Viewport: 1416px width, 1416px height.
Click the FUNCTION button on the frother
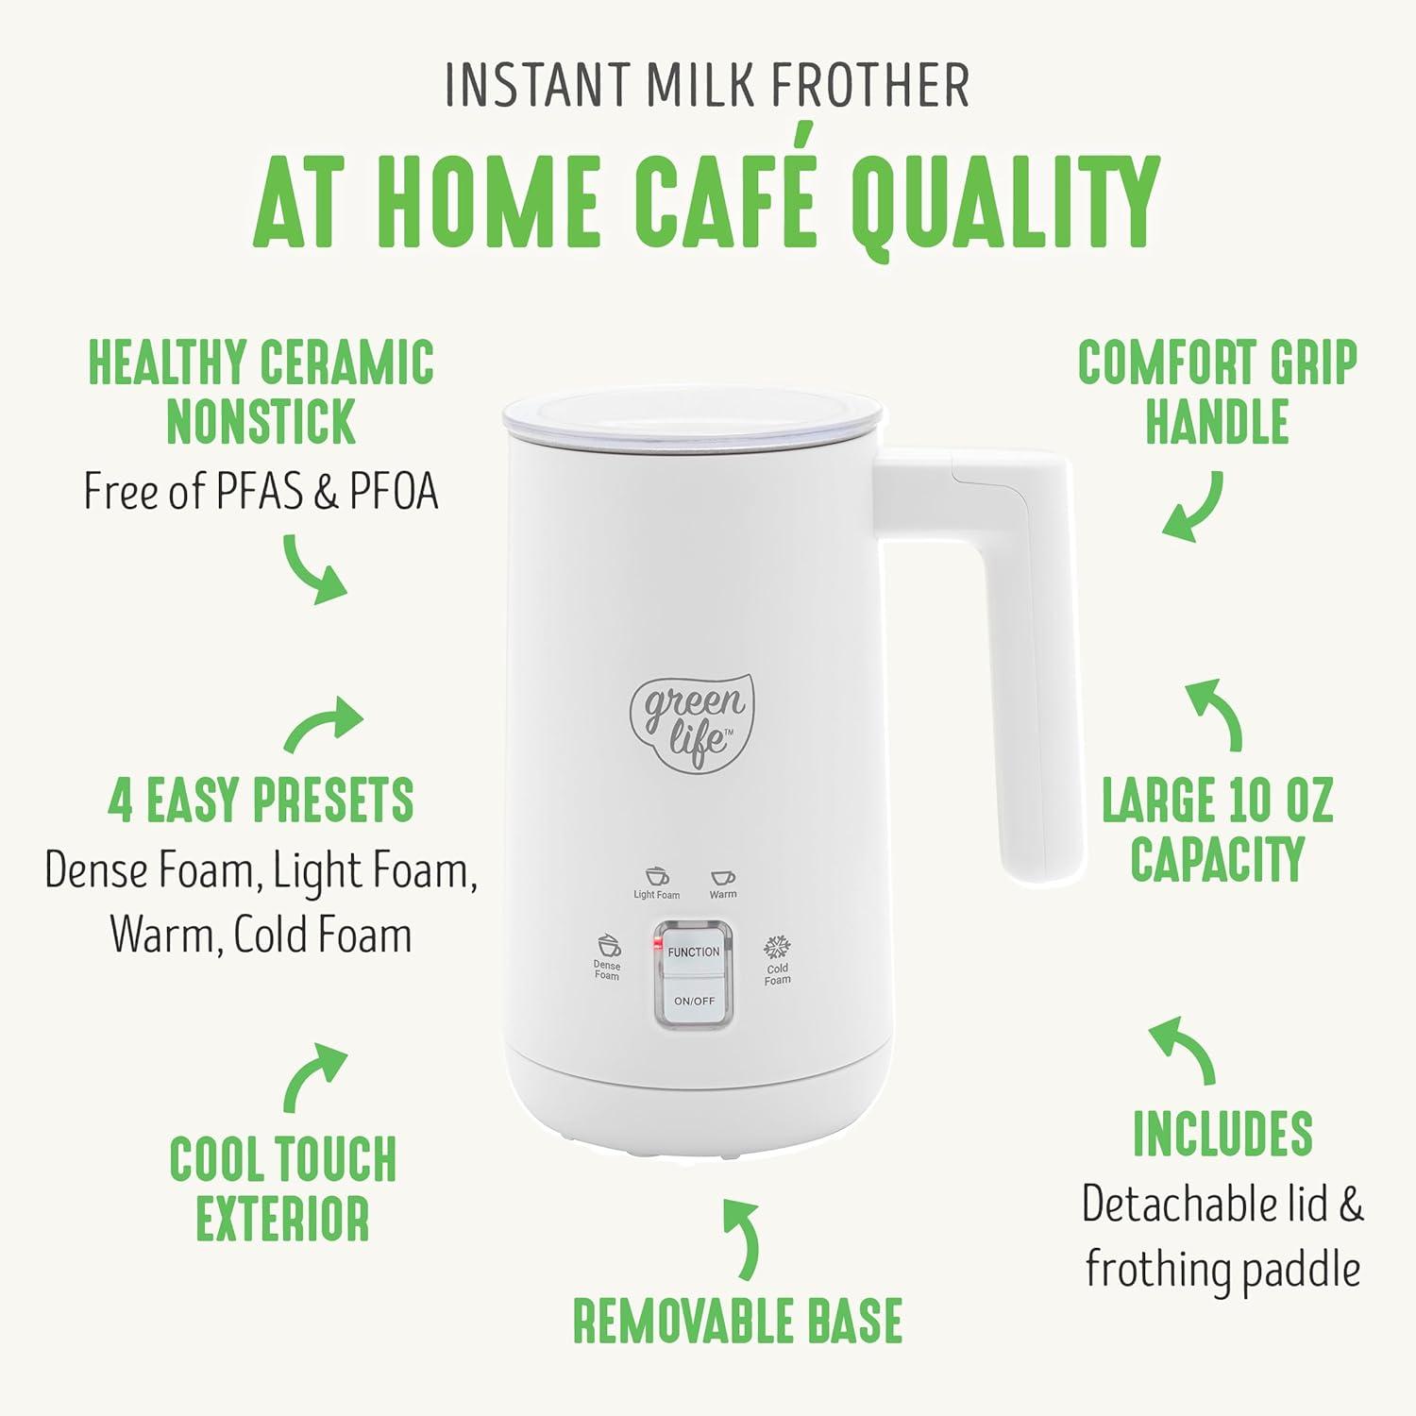click(694, 952)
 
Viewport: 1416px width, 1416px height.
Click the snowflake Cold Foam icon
click(777, 947)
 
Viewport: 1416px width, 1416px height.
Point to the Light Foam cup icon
click(656, 877)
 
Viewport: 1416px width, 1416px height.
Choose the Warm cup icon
click(723, 878)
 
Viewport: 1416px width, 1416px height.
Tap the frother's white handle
click(1029, 661)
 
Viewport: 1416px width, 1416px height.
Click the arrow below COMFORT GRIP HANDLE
click(1193, 507)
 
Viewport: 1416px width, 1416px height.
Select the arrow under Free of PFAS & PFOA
click(314, 568)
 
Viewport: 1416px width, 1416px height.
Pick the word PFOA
click(394, 491)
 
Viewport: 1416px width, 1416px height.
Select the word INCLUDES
click(1222, 1133)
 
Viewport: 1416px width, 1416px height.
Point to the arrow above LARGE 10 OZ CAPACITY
click(1215, 713)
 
